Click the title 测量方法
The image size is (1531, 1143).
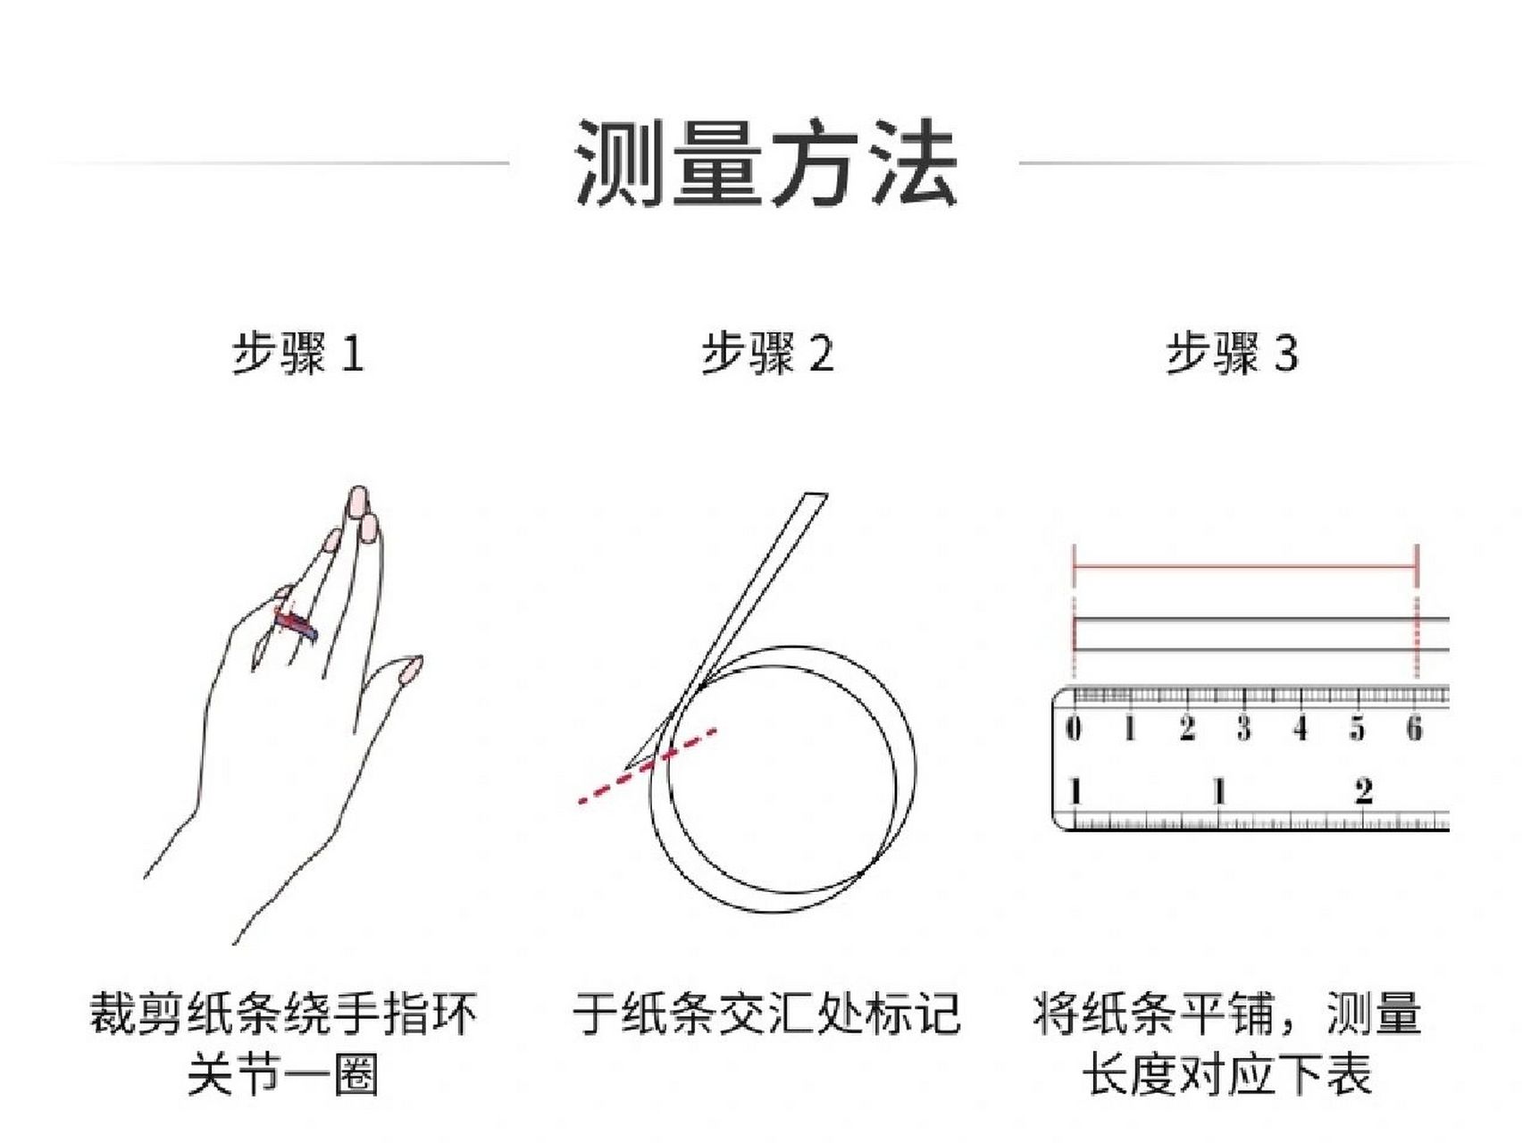coord(765,164)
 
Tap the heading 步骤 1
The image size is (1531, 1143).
coord(297,353)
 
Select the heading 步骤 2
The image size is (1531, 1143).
coord(766,353)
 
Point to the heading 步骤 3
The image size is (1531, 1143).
coord(1232,353)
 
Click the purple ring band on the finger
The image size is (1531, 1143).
coord(297,624)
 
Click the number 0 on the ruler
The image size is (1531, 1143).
coord(1074,729)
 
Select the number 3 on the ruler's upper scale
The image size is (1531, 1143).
coord(1243,729)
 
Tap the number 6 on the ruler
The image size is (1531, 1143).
coord(1414,729)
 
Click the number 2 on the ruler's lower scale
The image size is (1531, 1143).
coord(1363,791)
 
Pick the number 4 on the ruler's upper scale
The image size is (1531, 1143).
coord(1301,729)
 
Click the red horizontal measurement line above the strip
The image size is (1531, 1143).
coord(1245,566)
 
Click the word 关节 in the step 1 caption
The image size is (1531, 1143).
coord(233,1074)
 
